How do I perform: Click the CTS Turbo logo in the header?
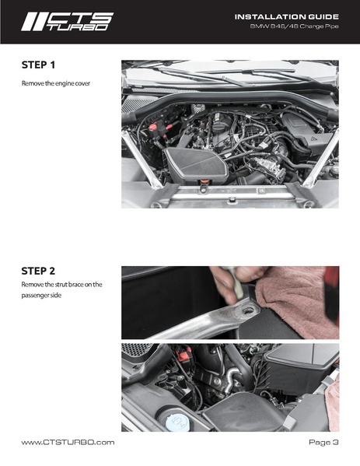[67, 22]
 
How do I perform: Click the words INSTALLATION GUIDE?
[286, 16]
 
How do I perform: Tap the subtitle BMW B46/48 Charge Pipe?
[294, 26]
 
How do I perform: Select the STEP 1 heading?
[38, 65]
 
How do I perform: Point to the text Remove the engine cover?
[55, 83]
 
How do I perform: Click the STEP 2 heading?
[38, 271]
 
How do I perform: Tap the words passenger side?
[41, 296]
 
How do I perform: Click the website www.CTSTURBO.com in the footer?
[68, 442]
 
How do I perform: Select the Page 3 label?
[323, 442]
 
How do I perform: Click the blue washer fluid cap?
[177, 422]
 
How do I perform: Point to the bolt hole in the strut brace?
[248, 310]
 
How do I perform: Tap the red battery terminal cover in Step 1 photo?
[152, 127]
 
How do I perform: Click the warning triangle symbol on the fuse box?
[313, 138]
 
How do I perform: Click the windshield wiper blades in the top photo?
[226, 75]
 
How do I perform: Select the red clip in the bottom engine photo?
[182, 353]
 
